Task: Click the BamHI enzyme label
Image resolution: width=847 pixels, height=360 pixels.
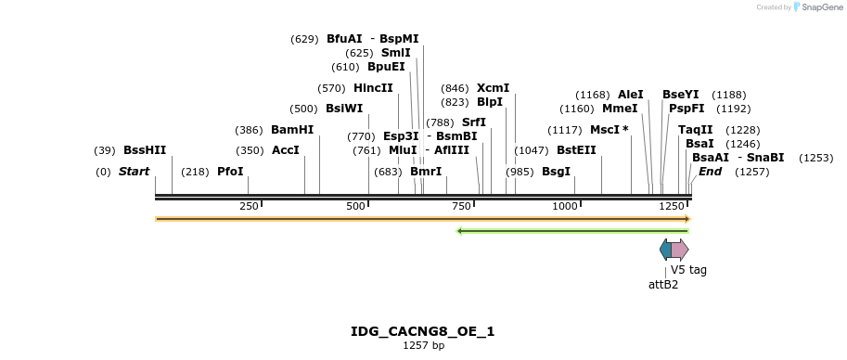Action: pyautogui.click(x=292, y=130)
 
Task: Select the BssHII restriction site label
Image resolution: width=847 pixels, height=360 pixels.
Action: pyautogui.click(x=144, y=150)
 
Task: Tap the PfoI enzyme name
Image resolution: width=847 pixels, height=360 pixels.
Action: pyautogui.click(x=230, y=172)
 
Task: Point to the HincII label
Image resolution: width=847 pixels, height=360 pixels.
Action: pyautogui.click(x=373, y=88)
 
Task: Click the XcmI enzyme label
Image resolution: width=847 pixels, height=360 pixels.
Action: pyautogui.click(x=493, y=88)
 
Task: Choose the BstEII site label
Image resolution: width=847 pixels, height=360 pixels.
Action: pyautogui.click(x=576, y=150)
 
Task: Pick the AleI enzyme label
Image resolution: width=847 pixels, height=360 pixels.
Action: pyautogui.click(x=630, y=95)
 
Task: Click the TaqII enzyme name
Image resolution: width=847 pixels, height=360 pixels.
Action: pyautogui.click(x=695, y=130)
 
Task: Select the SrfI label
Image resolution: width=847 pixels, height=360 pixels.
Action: pyautogui.click(x=474, y=122)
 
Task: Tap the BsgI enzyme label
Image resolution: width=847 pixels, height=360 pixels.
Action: pyautogui.click(x=556, y=172)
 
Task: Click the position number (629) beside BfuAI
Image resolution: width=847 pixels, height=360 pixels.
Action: pyautogui.click(x=304, y=39)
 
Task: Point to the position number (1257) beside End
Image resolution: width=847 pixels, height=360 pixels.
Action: pyautogui.click(x=752, y=172)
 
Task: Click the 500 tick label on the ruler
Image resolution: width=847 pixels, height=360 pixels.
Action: pyautogui.click(x=355, y=206)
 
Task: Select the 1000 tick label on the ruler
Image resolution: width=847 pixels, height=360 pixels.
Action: pyautogui.click(x=565, y=206)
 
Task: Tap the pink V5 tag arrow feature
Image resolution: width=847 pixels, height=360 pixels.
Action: pyautogui.click(x=680, y=250)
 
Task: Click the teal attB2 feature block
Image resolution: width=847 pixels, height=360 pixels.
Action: pyautogui.click(x=665, y=250)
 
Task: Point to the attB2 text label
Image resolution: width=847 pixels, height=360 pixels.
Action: pyautogui.click(x=663, y=285)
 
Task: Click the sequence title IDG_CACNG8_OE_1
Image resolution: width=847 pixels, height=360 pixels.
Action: pyautogui.click(x=423, y=331)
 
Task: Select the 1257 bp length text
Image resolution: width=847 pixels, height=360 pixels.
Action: pyautogui.click(x=423, y=346)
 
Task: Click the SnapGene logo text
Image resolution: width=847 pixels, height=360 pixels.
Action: pyautogui.click(x=822, y=7)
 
